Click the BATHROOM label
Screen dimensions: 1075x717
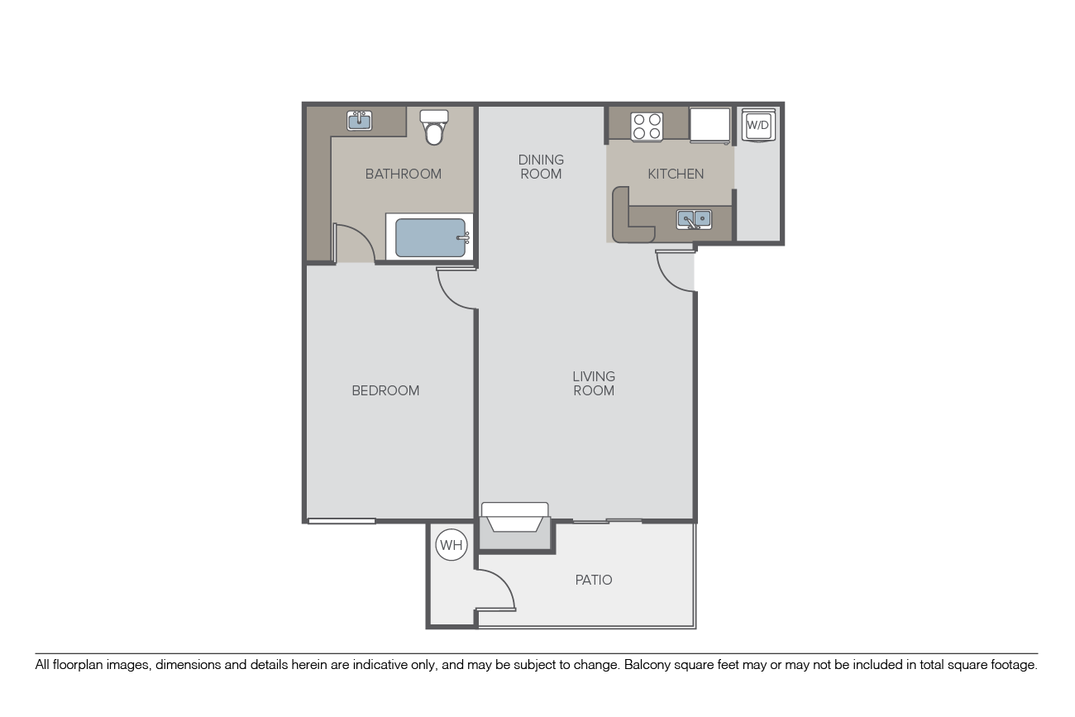404,174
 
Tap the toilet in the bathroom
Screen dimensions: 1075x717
434,127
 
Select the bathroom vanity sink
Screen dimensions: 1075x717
360,121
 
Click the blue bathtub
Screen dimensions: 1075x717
430,237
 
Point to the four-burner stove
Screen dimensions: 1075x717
647,127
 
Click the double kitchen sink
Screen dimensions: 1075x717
694,220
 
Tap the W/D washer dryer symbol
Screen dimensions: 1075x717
758,126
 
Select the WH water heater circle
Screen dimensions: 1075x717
451,545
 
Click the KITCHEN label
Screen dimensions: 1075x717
676,174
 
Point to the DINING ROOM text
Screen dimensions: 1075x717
541,166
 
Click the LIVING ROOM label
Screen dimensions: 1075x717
594,383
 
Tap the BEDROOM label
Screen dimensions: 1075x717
385,390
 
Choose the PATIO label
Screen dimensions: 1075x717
594,580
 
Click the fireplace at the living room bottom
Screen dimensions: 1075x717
515,518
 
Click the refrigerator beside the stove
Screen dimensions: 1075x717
709,125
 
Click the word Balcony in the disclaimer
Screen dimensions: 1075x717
645,665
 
